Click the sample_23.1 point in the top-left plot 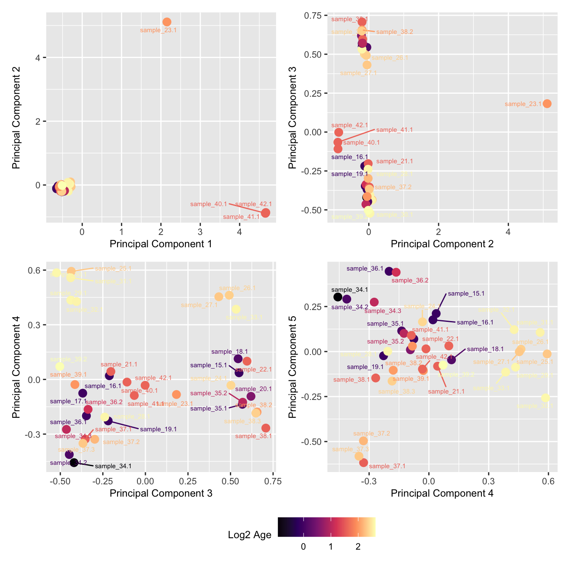[x=167, y=22]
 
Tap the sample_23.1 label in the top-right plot [x=523, y=104]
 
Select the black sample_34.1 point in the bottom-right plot [x=338, y=297]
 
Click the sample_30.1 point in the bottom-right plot [x=545, y=397]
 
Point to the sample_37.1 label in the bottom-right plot [x=387, y=466]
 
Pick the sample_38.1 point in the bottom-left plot [x=265, y=428]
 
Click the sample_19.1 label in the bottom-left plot [x=158, y=429]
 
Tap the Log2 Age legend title [x=249, y=535]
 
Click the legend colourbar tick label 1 [x=331, y=547]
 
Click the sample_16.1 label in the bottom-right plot [x=475, y=322]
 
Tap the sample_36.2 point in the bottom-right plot [x=396, y=272]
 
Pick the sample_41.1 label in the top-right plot [x=394, y=130]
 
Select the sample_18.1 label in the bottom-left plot [x=229, y=352]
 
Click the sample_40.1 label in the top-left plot [x=209, y=204]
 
